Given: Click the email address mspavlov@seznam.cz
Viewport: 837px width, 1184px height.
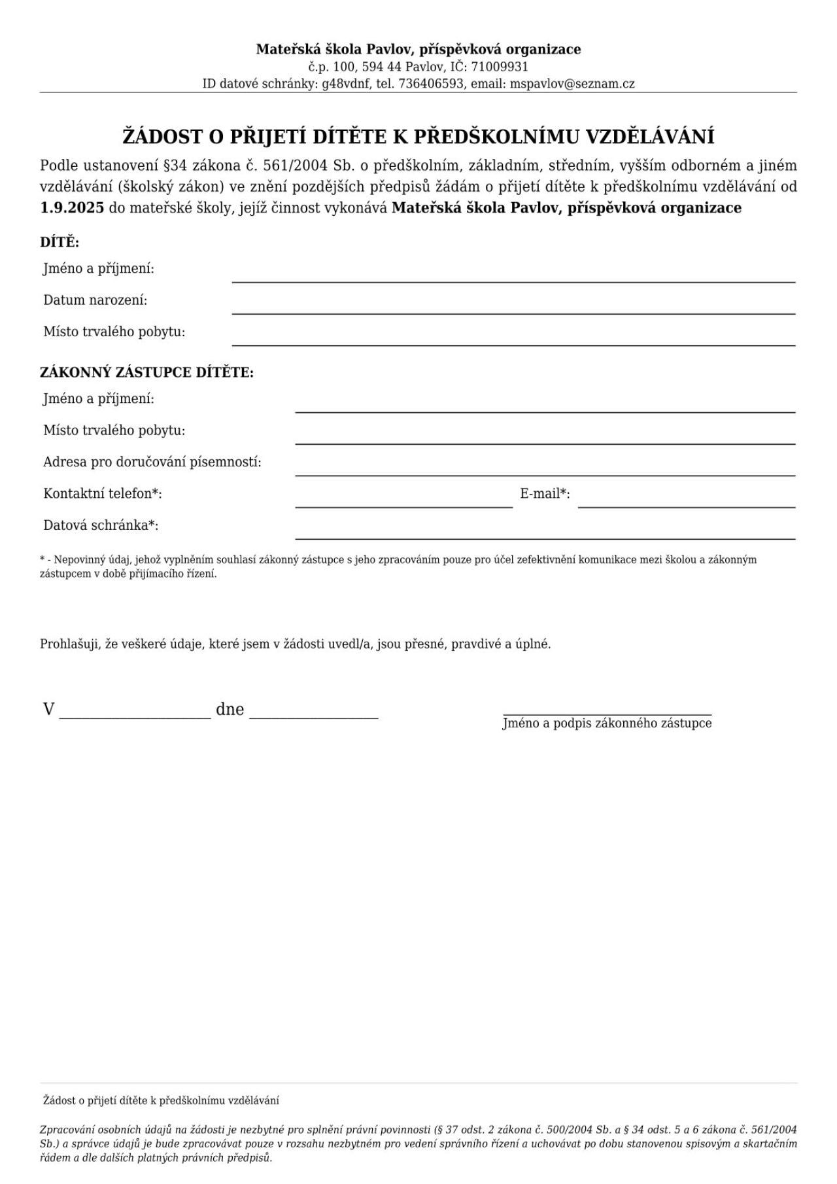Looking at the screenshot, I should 572,84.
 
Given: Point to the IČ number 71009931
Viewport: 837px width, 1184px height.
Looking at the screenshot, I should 500,67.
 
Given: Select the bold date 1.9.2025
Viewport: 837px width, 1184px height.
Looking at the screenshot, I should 72,208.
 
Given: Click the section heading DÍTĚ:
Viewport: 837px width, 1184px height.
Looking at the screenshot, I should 60,243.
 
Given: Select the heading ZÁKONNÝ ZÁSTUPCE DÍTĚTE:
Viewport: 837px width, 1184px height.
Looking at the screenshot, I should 146,373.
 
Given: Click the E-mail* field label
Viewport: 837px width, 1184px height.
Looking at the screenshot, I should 545,494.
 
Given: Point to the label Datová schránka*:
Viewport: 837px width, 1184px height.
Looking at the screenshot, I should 101,525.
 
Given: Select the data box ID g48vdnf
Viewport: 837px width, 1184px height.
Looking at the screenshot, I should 347,84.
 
